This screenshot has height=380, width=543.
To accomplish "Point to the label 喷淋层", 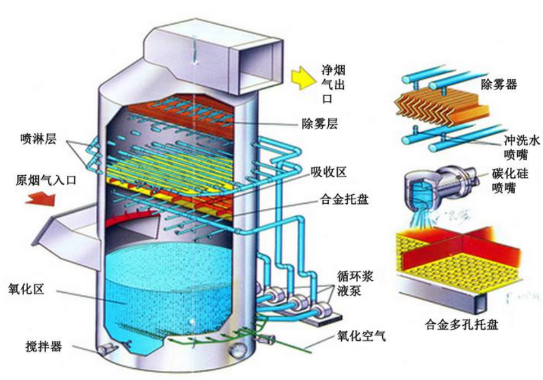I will click(x=37, y=138).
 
